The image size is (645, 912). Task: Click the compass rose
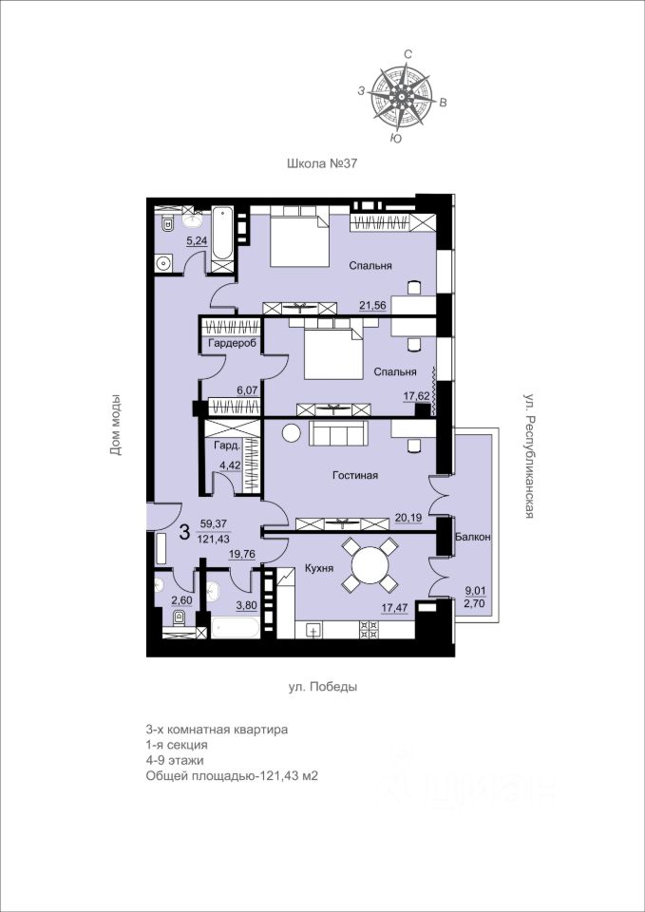[402, 96]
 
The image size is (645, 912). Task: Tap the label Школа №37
[321, 164]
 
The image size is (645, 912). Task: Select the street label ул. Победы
[323, 687]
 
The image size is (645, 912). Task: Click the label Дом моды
[115, 425]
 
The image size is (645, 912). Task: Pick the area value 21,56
[374, 305]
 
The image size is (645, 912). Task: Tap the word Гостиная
[355, 476]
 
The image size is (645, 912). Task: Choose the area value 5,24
[198, 240]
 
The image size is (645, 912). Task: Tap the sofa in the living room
[339, 434]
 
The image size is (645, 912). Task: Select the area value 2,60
[181, 600]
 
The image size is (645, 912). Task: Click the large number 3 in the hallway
[184, 532]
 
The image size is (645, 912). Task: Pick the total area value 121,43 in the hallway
[215, 540]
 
